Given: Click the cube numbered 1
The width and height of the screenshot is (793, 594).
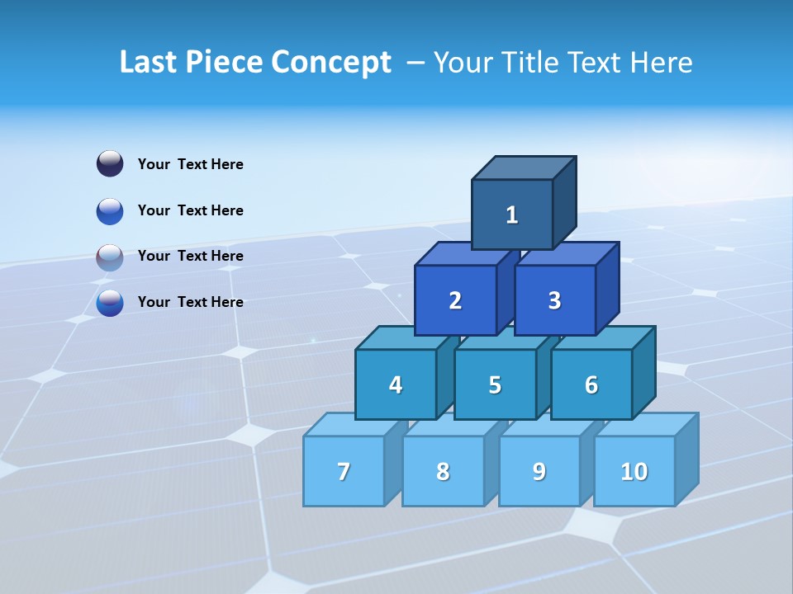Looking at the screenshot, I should [x=512, y=214].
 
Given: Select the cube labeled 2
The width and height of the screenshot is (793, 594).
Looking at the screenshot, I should [x=455, y=300].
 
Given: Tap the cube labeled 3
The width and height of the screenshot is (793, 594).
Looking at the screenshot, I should [x=554, y=300].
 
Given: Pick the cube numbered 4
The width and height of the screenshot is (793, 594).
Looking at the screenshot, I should [x=396, y=384].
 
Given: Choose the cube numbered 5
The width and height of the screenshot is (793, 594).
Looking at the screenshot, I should [x=495, y=384].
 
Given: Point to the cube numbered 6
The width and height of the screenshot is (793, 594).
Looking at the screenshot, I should [x=591, y=384].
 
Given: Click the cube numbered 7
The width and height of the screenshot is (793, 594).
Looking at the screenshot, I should [x=344, y=471].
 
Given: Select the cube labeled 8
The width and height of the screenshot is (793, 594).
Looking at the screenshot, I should [x=443, y=471].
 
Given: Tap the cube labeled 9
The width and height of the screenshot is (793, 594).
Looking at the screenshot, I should [x=539, y=471].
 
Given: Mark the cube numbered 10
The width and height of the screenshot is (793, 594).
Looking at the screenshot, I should [x=634, y=471].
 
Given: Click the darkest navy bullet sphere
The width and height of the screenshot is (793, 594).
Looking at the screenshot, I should [x=110, y=164].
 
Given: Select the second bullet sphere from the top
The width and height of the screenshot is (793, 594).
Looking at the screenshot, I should [x=110, y=210].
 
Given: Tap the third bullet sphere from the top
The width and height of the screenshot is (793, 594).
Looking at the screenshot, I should [x=110, y=257].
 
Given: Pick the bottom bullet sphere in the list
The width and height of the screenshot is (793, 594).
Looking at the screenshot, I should [x=110, y=303].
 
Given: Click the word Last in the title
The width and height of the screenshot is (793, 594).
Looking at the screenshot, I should [x=148, y=62].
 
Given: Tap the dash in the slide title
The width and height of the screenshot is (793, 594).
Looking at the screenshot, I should [x=416, y=63].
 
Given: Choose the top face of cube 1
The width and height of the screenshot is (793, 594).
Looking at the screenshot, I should [x=524, y=167].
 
